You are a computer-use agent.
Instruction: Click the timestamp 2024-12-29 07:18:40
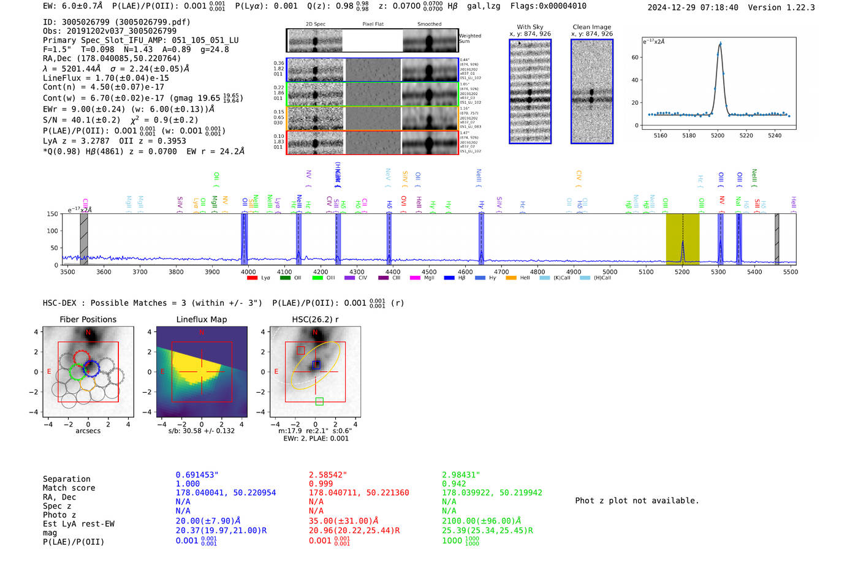point(693,7)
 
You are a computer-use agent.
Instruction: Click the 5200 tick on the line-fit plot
point(718,135)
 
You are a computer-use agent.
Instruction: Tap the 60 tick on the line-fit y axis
point(635,57)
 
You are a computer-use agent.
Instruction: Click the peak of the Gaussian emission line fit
point(720,44)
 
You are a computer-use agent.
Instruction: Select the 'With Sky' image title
point(530,27)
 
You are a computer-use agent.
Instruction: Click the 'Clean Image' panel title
point(591,27)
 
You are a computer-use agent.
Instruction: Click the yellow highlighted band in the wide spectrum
point(682,239)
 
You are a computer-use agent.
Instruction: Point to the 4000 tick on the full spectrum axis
point(248,271)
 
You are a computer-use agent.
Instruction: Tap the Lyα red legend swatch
point(252,278)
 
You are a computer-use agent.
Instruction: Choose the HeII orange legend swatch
point(511,278)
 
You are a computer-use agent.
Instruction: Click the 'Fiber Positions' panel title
point(88,319)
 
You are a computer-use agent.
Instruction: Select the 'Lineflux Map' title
point(201,319)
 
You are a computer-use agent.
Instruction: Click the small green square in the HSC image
point(319,401)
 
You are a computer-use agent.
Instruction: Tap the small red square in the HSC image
point(300,351)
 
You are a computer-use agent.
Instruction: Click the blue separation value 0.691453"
point(197,475)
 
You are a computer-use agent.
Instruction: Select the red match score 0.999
point(321,484)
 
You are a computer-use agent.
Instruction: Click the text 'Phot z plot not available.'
point(637,501)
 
